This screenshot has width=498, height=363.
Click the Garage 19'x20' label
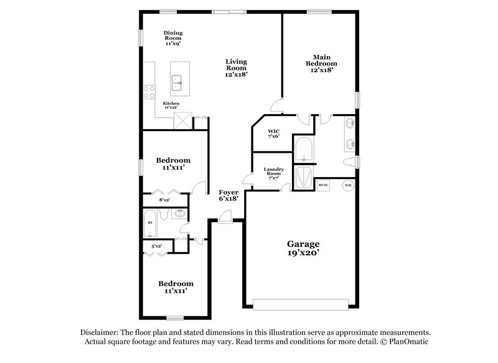[x=303, y=248]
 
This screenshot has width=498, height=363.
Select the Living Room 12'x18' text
[x=237, y=67]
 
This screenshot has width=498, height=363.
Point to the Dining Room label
[x=173, y=38]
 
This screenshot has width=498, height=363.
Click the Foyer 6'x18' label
[x=228, y=196]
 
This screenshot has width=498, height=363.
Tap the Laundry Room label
[x=274, y=173]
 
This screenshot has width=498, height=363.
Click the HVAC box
[x=323, y=186]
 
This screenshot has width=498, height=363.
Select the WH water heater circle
[x=349, y=186]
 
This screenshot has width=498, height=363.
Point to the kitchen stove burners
[x=149, y=92]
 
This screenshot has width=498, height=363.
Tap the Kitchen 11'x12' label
[x=171, y=105]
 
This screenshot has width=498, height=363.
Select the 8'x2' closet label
[x=165, y=200]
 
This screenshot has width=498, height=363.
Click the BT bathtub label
[x=150, y=222]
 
